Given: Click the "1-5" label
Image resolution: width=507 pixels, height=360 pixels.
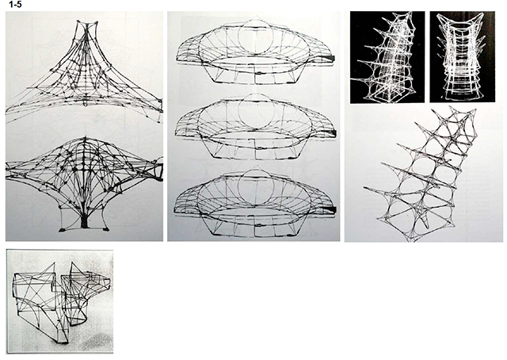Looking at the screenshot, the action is [x=15, y=5].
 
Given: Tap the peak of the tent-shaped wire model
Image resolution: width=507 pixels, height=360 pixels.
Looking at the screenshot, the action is [x=86, y=23].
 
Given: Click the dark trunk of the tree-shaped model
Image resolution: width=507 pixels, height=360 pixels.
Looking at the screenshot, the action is [x=85, y=220].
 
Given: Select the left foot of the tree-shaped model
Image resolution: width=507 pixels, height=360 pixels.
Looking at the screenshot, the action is [x=63, y=230].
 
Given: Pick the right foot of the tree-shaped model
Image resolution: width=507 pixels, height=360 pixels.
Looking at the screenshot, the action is [x=105, y=229].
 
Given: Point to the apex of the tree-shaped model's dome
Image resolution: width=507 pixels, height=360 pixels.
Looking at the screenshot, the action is [x=86, y=138].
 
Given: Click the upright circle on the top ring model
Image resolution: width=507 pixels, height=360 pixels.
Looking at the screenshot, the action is [x=256, y=36].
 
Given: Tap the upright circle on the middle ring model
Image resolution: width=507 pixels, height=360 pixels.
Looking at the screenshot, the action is [x=256, y=111].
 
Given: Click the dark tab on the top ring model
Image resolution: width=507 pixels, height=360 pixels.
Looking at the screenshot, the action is [x=330, y=58].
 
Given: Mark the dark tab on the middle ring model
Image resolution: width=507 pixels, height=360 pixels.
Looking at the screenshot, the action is [x=330, y=133].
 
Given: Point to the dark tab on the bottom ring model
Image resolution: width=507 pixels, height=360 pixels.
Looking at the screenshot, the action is [x=330, y=210].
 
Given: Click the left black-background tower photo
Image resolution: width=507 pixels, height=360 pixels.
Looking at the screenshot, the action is [x=387, y=57].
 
